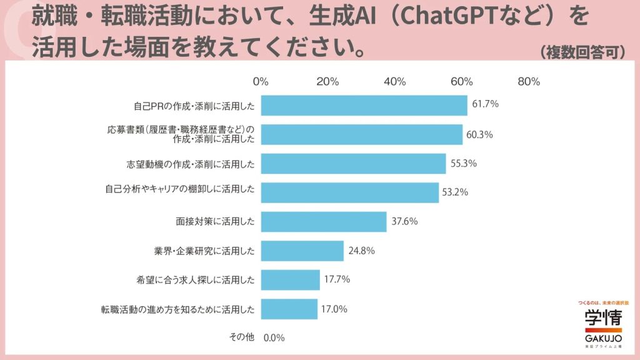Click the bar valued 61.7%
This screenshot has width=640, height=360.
pyautogui.click(x=364, y=105)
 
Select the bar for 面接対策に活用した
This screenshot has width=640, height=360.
pyautogui.click(x=323, y=221)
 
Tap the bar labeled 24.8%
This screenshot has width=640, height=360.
pyautogui.click(x=302, y=251)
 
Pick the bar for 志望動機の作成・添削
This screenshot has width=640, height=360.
pyautogui.click(x=353, y=163)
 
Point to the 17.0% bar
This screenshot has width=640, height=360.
pyautogui.click(x=289, y=309)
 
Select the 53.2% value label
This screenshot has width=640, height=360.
pyautogui.click(x=456, y=192)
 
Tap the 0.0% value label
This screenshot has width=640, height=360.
pyautogui.click(x=274, y=337)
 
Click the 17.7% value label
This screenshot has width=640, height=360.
pyautogui.click(x=337, y=279)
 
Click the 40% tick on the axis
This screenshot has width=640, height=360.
pyautogui.click(x=394, y=82)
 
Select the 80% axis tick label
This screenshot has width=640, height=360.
pyautogui.click(x=529, y=82)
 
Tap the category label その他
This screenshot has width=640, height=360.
pyautogui.click(x=241, y=337)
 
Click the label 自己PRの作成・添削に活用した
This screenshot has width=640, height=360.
pyautogui.click(x=194, y=105)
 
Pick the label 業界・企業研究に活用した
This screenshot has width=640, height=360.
pyautogui.click(x=204, y=251)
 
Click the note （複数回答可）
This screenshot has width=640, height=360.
pyautogui.click(x=582, y=52)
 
